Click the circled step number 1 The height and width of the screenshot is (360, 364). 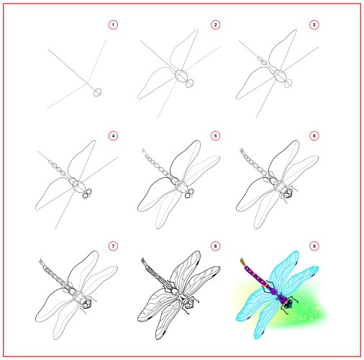[x=113, y=24]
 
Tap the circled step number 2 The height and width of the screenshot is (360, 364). [x=215, y=24]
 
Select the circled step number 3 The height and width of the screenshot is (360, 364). [x=314, y=24]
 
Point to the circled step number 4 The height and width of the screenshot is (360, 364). [x=113, y=136]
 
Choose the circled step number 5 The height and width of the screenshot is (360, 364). [x=215, y=136]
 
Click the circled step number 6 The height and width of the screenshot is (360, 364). [x=314, y=136]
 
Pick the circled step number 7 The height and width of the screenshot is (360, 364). [x=113, y=246]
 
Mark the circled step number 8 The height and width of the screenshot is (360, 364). [x=215, y=246]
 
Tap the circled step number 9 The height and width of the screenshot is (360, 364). [x=314, y=246]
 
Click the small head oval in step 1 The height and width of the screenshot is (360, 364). [x=97, y=92]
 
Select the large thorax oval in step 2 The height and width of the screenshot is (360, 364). [x=181, y=76]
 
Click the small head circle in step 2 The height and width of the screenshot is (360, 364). [x=189, y=84]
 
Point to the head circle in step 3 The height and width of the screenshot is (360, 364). [x=288, y=84]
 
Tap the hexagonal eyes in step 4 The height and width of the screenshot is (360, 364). [x=87, y=194]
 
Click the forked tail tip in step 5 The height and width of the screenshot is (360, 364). [x=144, y=151]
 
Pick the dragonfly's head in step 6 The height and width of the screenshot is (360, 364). [x=288, y=194]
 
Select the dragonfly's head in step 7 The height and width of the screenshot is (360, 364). [x=87, y=304]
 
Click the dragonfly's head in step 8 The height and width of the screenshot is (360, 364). [x=189, y=304]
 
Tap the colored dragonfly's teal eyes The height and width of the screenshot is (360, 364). [x=288, y=304]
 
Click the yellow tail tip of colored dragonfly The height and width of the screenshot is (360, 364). [x=243, y=262]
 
